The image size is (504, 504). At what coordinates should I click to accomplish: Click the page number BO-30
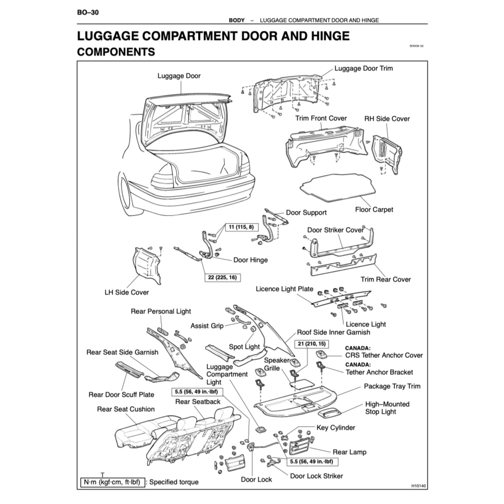(x=88, y=11)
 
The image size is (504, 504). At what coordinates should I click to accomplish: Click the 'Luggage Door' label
(x=179, y=76)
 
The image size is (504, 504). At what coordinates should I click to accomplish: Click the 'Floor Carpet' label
(x=374, y=210)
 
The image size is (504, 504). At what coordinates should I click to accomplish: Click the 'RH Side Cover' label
(x=387, y=119)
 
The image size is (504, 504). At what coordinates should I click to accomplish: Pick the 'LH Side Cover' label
(x=126, y=292)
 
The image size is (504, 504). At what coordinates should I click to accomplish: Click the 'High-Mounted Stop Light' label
(x=387, y=408)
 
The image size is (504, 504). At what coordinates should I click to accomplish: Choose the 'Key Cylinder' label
(x=336, y=428)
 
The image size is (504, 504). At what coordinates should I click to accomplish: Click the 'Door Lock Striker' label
(x=316, y=476)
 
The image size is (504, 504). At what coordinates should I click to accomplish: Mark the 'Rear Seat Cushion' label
(x=126, y=409)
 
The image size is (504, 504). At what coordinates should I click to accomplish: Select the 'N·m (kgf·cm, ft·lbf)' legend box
(x=113, y=482)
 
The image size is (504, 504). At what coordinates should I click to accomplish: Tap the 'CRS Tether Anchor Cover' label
(x=384, y=355)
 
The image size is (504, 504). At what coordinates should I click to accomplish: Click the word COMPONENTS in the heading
(x=116, y=51)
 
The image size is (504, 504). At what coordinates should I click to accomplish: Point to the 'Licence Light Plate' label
(x=284, y=289)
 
